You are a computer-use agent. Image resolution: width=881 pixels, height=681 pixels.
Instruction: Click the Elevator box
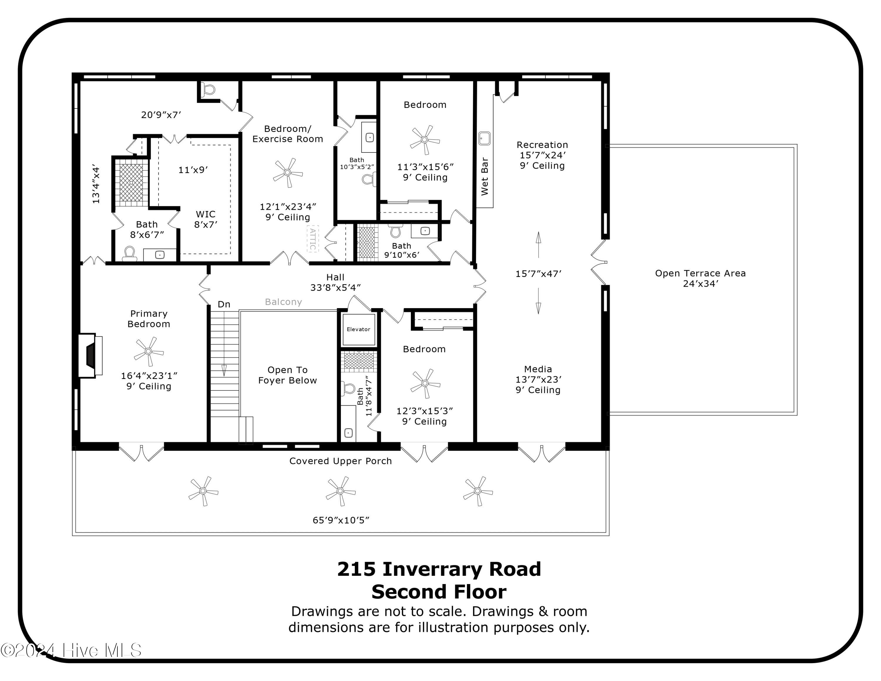[x=359, y=329]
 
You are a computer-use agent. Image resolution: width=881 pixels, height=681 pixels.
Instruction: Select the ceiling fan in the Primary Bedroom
[x=148, y=351]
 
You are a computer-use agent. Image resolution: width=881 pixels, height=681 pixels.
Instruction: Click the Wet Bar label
[x=485, y=176]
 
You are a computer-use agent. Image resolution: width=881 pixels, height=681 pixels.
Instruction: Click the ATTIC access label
[x=313, y=239]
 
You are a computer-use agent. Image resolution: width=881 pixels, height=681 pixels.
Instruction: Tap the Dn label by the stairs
[x=224, y=304]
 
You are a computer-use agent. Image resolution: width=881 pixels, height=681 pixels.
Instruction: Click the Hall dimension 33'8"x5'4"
[x=335, y=288]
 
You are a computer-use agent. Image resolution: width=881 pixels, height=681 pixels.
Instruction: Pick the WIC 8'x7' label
[x=206, y=219]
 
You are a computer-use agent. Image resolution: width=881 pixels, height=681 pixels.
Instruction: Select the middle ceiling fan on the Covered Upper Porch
[x=340, y=491]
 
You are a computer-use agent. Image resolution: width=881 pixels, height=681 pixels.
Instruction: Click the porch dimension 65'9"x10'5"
[x=341, y=520]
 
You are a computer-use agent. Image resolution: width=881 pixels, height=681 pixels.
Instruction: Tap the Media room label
[x=538, y=369]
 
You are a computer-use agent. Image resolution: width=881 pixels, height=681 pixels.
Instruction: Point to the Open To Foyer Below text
[x=287, y=375]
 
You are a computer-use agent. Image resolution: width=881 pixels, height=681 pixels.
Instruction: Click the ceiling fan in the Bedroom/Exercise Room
[x=287, y=173]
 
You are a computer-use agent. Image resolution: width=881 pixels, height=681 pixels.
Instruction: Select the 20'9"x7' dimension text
[x=161, y=115]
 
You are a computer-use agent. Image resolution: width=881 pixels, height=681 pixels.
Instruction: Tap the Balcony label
[x=283, y=302]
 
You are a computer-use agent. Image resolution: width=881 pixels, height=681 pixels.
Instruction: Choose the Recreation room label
[x=542, y=145]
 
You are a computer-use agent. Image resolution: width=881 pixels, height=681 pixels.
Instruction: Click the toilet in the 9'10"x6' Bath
[x=396, y=231]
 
